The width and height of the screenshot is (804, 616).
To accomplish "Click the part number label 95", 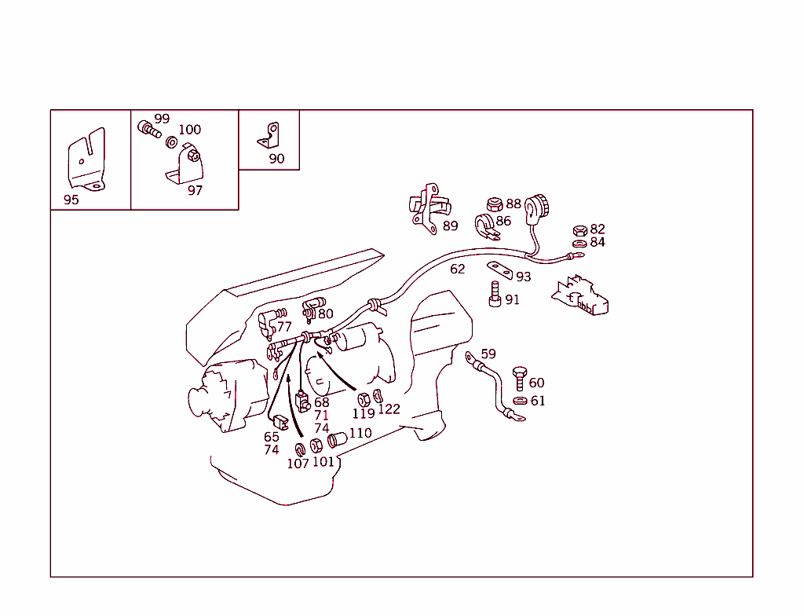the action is coord(71,200).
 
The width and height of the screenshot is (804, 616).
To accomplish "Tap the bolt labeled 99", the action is coord(148,128).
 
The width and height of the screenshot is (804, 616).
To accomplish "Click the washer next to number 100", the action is coord(172,142).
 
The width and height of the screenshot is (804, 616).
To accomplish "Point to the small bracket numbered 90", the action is coord(269,136).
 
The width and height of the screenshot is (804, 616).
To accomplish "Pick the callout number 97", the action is coord(195,190).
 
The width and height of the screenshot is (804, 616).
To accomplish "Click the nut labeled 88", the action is coord(495,204).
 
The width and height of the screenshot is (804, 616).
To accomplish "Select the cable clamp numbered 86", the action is coord(485,227).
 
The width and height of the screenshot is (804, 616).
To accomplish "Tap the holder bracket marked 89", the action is coord(429,209).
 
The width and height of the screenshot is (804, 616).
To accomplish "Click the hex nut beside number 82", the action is coord(580,230).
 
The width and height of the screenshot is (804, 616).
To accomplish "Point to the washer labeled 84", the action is coord(579,244).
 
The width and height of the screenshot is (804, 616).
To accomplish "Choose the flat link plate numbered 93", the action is coord(499,270).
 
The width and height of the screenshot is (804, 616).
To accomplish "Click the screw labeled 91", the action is coord(495,294).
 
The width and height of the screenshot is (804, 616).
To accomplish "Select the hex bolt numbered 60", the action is coord(520,379).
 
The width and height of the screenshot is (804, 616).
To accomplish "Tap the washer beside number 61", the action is coord(520,401).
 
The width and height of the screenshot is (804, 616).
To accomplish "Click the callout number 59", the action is coord(488,354).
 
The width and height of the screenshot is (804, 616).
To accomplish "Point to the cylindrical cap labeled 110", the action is coord(338,440).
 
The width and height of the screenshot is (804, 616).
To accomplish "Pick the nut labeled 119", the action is coord(364,399).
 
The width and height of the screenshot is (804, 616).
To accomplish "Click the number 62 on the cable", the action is coord(458,269).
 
